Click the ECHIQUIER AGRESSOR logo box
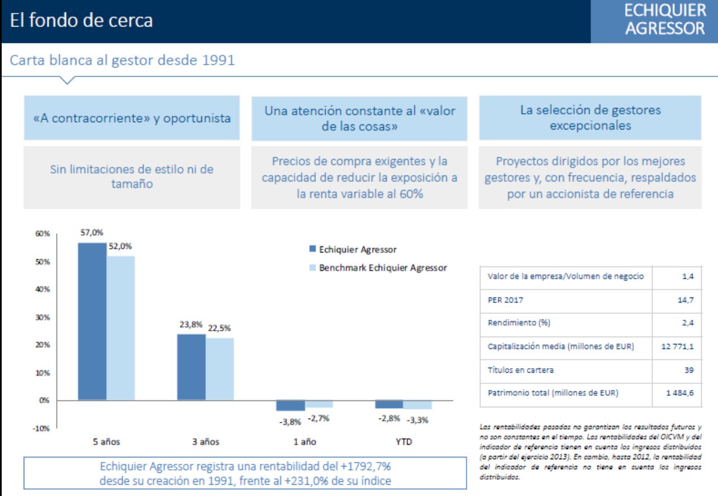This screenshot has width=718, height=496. pos(654,21)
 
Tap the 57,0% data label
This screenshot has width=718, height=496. pos(92,233)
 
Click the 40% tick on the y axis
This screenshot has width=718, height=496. pos(44,289)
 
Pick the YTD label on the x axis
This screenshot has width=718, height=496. pos(403,442)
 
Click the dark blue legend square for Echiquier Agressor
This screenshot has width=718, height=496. pos(312,249)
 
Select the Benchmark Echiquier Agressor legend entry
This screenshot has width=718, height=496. pos(382,268)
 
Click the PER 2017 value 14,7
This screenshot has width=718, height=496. pos(685,300)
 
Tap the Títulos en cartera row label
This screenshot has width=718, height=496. pos(521,370)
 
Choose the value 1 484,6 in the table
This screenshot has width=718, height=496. pos(681,393)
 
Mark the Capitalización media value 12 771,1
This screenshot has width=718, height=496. pos(678,346)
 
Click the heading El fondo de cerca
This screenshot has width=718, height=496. pos(81,21)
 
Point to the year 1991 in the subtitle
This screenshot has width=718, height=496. pos(218,60)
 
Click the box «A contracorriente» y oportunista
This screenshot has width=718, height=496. pos(132,118)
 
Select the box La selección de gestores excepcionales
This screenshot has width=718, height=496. pos(590,118)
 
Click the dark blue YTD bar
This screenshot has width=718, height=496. pos(389,404)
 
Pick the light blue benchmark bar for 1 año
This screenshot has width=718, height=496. pos(319,403)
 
